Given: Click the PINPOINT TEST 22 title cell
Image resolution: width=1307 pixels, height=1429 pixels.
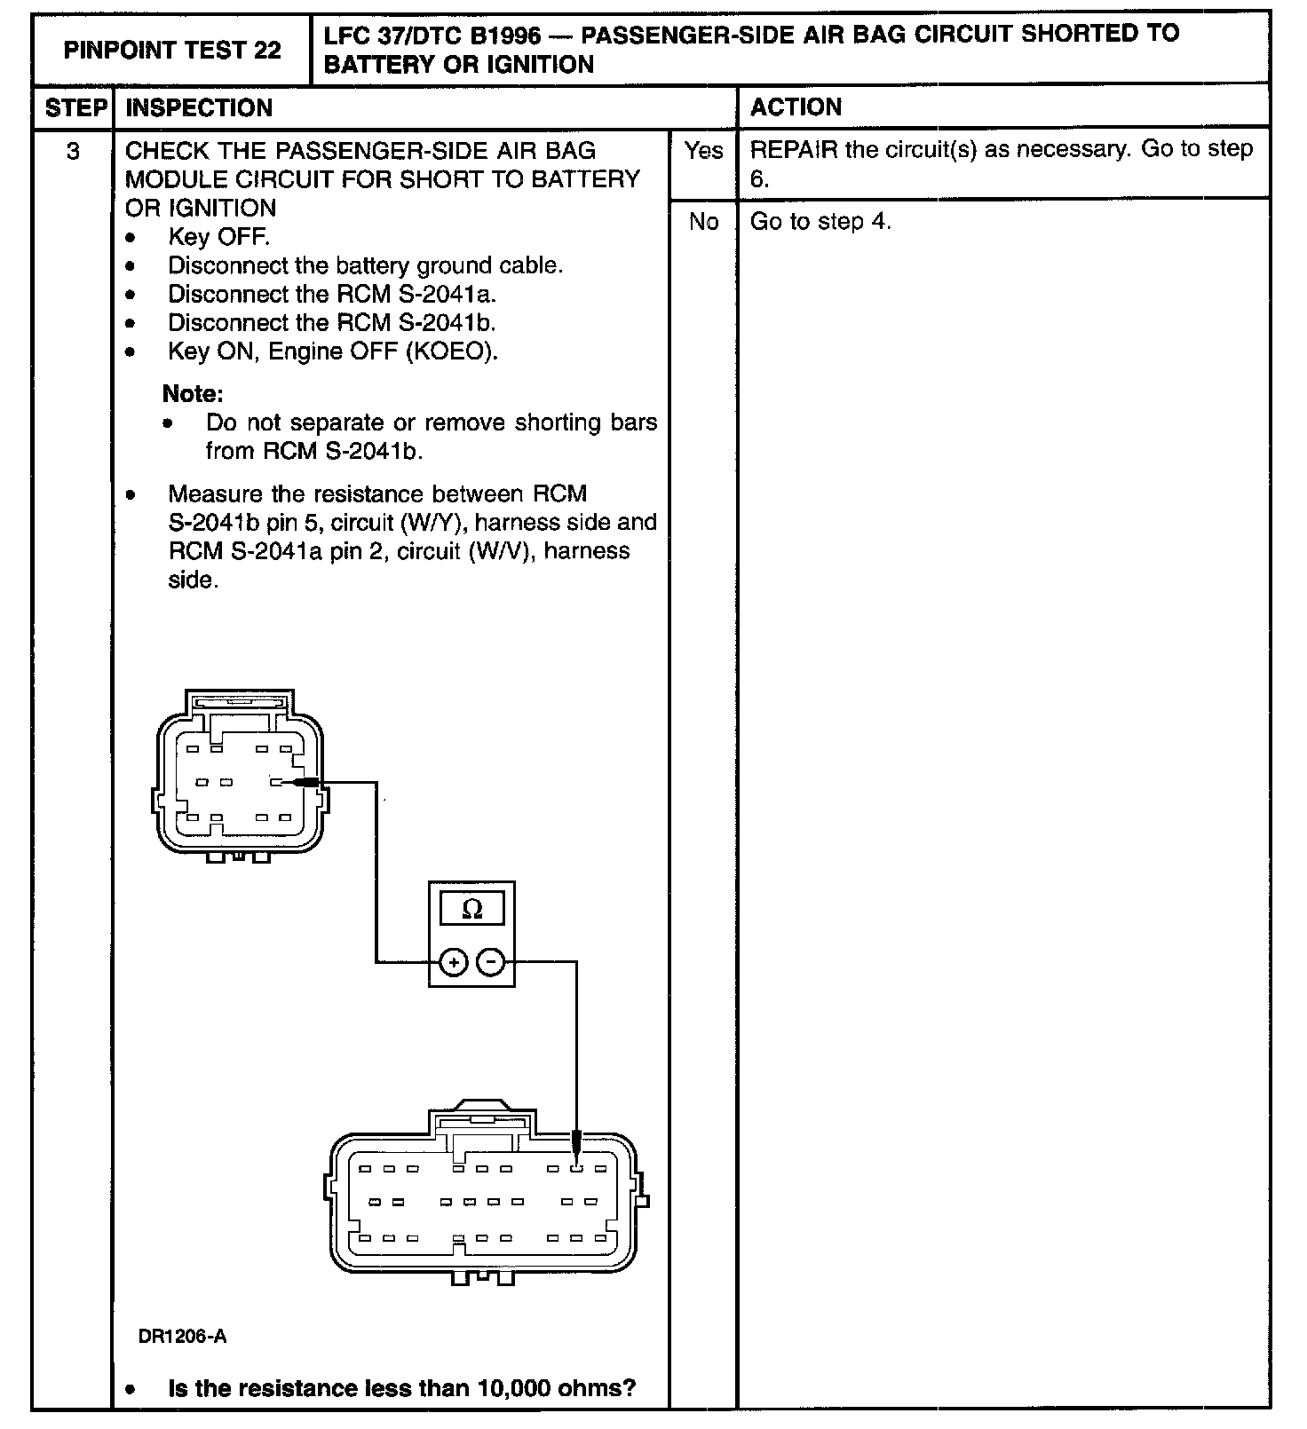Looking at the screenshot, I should click(172, 50).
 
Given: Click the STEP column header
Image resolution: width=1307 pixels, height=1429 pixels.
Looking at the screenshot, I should click(75, 108).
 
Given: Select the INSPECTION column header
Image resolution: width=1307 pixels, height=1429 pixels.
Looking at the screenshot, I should click(199, 108).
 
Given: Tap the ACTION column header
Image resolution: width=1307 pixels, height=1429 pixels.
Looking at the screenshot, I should click(796, 107).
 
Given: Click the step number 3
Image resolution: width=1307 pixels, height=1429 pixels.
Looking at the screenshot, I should click(73, 152).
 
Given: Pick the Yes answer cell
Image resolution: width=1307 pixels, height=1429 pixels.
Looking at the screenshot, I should click(703, 152).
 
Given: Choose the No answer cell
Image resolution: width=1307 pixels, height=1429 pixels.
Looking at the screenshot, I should click(703, 222).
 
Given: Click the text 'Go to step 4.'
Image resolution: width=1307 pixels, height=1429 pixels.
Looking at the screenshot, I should click(820, 222).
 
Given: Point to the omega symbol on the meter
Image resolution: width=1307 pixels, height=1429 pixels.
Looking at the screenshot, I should click(472, 909).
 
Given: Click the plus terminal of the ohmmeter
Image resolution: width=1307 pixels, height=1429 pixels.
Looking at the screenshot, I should click(453, 962).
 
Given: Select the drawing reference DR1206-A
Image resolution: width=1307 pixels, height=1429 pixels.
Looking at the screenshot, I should click(182, 1337).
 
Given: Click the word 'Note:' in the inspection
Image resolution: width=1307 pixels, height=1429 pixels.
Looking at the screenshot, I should click(193, 393).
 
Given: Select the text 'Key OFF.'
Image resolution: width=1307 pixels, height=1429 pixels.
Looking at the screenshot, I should click(218, 237).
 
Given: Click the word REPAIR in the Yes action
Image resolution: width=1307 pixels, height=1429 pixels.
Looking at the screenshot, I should click(793, 149).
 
